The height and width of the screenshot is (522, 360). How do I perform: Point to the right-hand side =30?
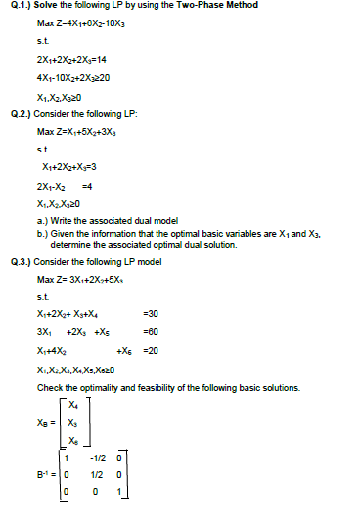(x=150, y=314)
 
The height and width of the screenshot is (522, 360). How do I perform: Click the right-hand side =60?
(x=150, y=332)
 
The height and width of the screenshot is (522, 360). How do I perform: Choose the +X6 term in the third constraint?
(x=124, y=350)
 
